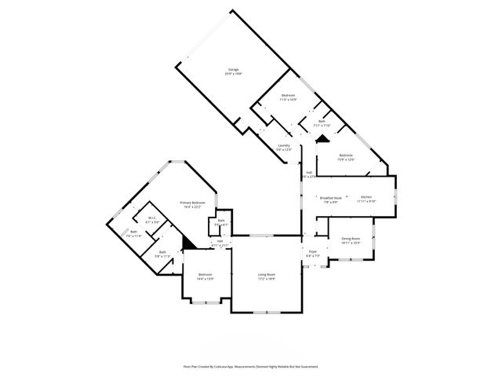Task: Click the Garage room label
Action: (x=234, y=71)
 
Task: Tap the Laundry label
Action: (x=284, y=145)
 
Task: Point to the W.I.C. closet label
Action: (x=154, y=218)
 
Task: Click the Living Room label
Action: (x=267, y=275)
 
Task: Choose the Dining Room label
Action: (x=351, y=239)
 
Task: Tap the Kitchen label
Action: (x=366, y=197)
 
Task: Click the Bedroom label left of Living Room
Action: (x=205, y=275)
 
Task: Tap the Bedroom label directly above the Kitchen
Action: (x=346, y=156)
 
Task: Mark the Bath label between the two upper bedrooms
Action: (x=322, y=122)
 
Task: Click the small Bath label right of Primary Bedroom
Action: (x=221, y=221)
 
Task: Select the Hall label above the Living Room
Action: (x=220, y=242)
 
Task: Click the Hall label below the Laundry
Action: (x=309, y=173)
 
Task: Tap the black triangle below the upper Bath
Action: (x=320, y=138)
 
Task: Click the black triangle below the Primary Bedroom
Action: (x=188, y=243)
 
